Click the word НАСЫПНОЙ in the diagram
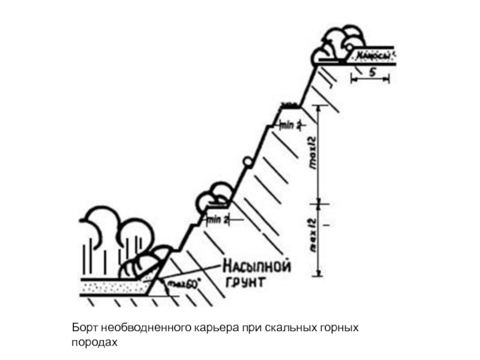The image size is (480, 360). point(257,266)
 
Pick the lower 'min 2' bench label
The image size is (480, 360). point(218,220)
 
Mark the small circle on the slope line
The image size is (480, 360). point(247,161)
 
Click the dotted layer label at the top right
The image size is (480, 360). point(374,57)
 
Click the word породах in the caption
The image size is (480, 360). point(92,342)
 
